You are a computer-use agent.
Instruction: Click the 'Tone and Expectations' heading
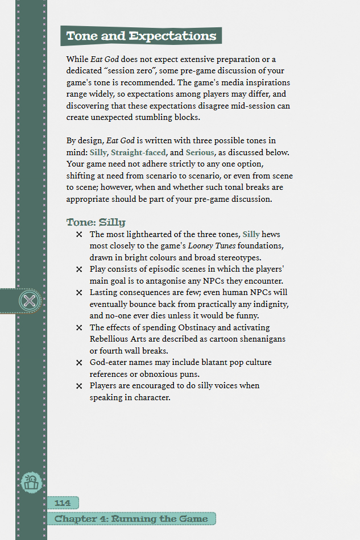[141, 36]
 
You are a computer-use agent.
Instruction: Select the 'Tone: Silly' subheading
[96, 222]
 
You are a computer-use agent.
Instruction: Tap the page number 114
[63, 502]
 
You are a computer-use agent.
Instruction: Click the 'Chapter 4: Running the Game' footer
[132, 518]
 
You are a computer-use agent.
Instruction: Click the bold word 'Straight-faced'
[138, 152]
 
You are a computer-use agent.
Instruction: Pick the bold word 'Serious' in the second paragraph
[200, 152]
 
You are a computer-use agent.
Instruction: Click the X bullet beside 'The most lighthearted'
[79, 235]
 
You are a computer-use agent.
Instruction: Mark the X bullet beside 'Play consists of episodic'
[79, 269]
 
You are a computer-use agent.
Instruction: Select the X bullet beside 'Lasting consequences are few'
[79, 293]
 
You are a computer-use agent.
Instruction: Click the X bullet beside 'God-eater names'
[79, 363]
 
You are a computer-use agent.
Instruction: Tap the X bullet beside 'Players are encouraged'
[79, 386]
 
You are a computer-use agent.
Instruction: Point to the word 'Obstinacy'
[208, 327]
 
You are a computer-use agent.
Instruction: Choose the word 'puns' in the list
[188, 374]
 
